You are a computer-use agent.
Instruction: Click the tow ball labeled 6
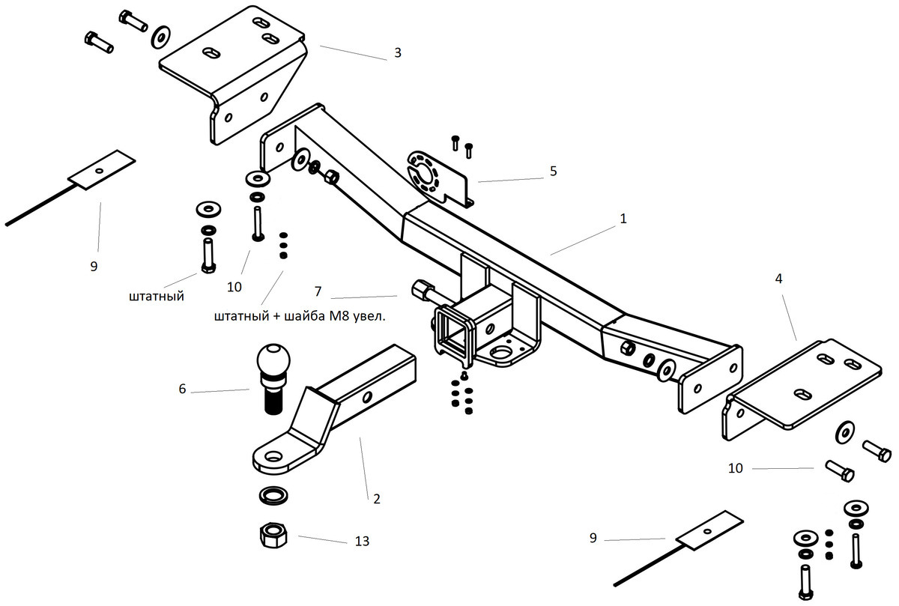(x=273, y=378)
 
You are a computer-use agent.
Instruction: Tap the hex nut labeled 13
(x=273, y=535)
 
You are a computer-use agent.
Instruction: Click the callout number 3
(x=398, y=53)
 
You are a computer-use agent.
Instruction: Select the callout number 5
(x=554, y=172)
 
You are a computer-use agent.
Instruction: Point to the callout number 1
(x=623, y=219)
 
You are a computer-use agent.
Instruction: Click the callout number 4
(x=778, y=279)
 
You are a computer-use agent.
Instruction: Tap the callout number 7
(x=318, y=291)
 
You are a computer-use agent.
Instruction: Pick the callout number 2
(x=376, y=499)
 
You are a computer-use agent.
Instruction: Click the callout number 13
(x=362, y=541)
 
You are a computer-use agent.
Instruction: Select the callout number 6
(x=182, y=389)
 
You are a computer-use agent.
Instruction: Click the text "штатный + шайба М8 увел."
(x=300, y=316)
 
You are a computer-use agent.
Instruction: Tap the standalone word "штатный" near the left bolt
(x=157, y=296)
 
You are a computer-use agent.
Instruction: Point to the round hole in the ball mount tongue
(x=274, y=457)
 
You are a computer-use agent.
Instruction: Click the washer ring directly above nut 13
(x=273, y=495)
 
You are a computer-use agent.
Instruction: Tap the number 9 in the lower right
(x=593, y=538)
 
